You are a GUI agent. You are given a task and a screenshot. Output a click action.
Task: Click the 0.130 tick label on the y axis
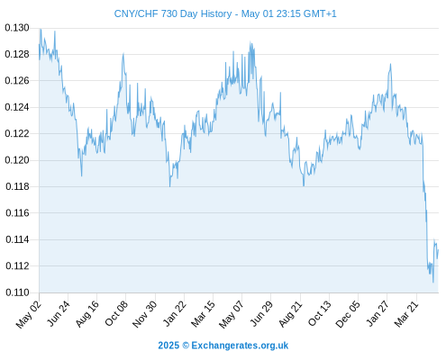click(17, 28)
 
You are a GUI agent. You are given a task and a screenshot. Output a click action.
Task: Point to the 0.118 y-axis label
click(17, 186)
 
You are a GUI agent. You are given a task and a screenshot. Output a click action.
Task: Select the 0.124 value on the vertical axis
click(17, 107)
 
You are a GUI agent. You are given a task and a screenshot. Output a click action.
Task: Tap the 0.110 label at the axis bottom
click(17, 292)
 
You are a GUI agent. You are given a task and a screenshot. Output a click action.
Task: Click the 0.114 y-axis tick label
click(17, 239)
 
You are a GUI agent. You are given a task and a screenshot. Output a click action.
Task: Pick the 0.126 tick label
click(17, 81)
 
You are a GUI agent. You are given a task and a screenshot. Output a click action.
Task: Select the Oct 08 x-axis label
click(116, 313)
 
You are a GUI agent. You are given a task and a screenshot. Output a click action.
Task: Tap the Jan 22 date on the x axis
click(175, 313)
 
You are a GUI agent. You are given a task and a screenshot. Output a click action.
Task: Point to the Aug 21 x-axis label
click(290, 314)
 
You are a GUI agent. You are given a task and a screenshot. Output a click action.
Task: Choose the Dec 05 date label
click(348, 314)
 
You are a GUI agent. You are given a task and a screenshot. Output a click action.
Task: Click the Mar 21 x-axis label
click(406, 314)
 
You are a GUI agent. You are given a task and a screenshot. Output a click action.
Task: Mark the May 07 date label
click(232, 314)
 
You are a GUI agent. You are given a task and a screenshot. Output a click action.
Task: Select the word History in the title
click(216, 14)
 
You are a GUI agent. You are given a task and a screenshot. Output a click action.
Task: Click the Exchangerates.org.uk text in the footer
click(240, 346)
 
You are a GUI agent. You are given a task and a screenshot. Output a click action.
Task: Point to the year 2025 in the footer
click(168, 346)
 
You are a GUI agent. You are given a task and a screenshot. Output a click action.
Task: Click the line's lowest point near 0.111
click(433, 283)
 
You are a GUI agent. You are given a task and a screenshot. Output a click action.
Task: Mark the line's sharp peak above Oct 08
click(123, 54)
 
